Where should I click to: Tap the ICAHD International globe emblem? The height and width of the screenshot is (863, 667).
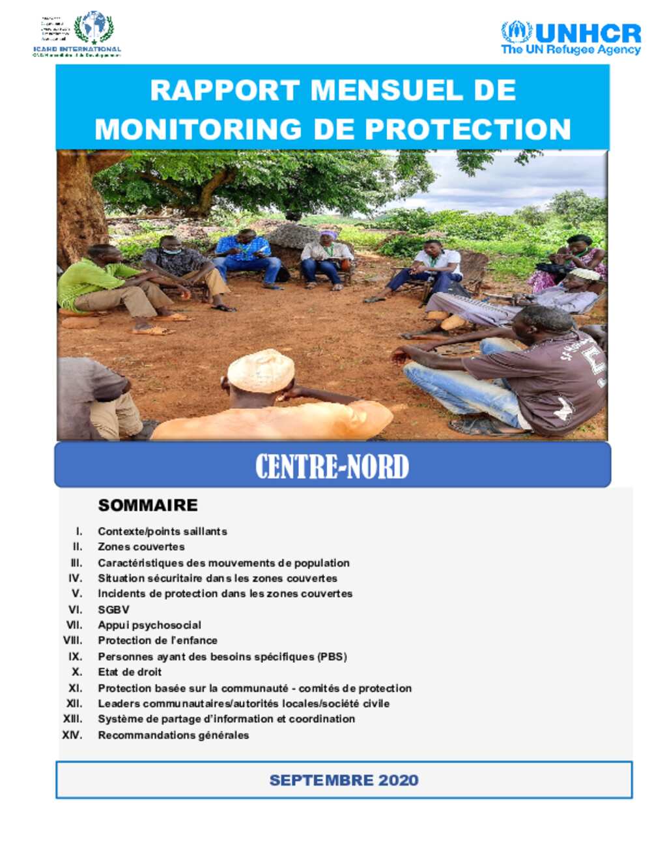pyautogui.click(x=94, y=27)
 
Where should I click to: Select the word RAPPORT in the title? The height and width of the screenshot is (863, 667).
pyautogui.click(x=225, y=90)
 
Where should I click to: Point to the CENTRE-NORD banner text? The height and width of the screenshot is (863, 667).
pyautogui.click(x=332, y=466)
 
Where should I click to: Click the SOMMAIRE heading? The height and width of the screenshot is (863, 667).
pyautogui.click(x=148, y=505)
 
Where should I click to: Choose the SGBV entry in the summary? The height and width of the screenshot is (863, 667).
pyautogui.click(x=113, y=610)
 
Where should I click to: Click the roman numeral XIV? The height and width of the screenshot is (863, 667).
pyautogui.click(x=72, y=735)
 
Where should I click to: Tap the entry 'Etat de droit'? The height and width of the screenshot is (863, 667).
pyautogui.click(x=130, y=672)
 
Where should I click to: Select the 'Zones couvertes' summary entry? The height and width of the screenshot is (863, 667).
pyautogui.click(x=141, y=546)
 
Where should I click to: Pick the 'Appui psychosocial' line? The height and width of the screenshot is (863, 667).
pyautogui.click(x=149, y=625)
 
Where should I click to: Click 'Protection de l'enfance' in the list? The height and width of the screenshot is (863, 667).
pyautogui.click(x=158, y=640)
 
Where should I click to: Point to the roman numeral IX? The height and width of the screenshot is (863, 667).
pyautogui.click(x=76, y=657)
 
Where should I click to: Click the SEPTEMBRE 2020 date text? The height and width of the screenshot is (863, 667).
pyautogui.click(x=344, y=780)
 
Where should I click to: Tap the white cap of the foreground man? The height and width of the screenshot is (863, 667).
pyautogui.click(x=261, y=370)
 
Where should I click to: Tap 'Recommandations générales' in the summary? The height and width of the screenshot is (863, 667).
pyautogui.click(x=173, y=735)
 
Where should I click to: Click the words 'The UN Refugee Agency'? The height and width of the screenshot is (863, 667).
pyautogui.click(x=571, y=50)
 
